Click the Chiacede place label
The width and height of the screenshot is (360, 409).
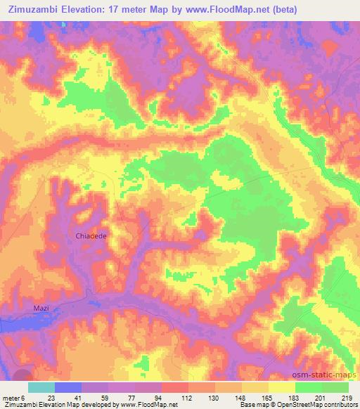pos(91,236)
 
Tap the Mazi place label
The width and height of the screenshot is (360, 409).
pos(44,309)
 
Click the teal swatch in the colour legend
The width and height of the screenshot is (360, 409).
pos(41,387)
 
